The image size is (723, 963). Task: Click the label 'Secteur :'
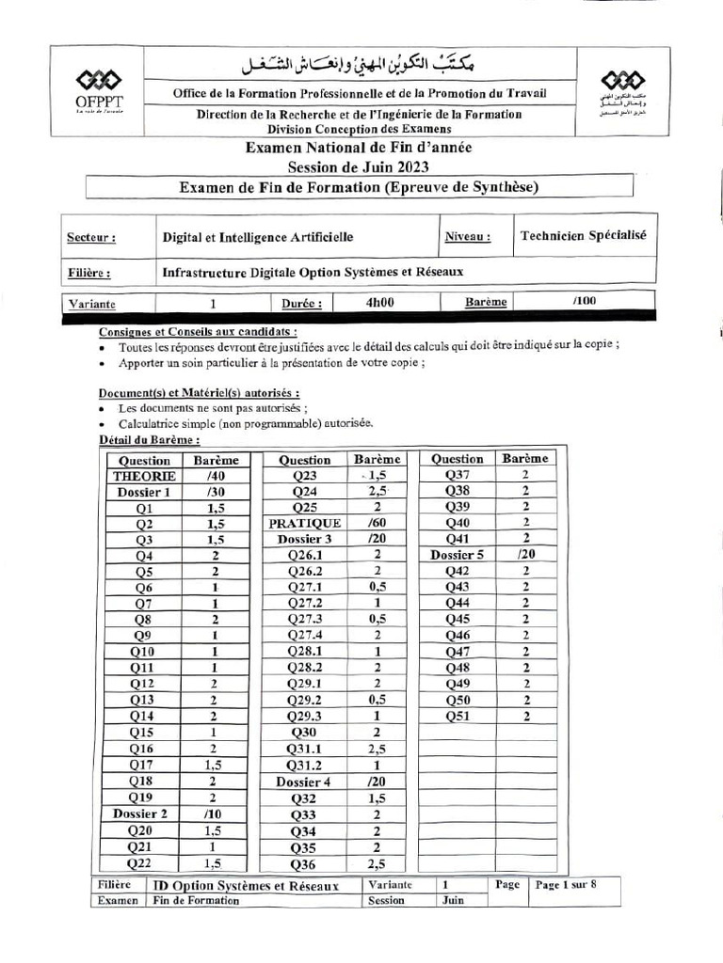(x=91, y=239)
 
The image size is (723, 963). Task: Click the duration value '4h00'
(x=379, y=303)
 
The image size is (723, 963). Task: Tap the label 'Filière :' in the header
(x=89, y=274)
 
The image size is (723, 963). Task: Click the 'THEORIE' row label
(x=144, y=477)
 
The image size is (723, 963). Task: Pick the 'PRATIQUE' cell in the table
(x=304, y=523)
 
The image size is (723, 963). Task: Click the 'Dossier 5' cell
(x=457, y=555)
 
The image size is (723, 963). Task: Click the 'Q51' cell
(x=457, y=717)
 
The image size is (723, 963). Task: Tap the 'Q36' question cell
(x=304, y=864)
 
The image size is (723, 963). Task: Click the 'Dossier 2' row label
(x=141, y=814)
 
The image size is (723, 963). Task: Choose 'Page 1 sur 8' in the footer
(x=565, y=885)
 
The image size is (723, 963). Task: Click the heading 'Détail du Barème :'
(x=150, y=440)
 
